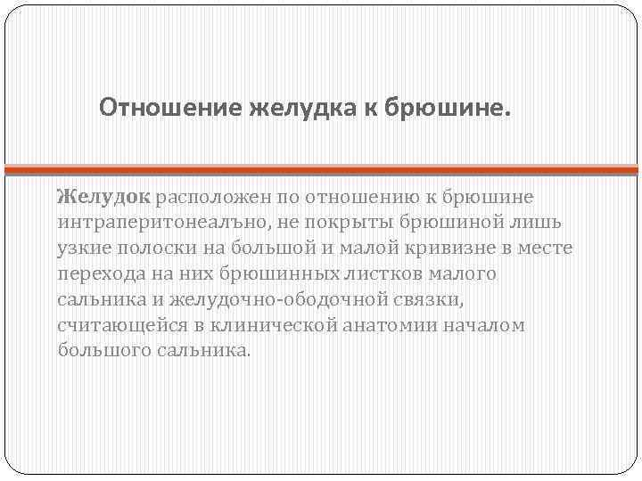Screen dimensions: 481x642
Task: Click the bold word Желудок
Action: (x=105, y=195)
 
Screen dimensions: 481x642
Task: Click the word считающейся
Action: (x=115, y=324)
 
